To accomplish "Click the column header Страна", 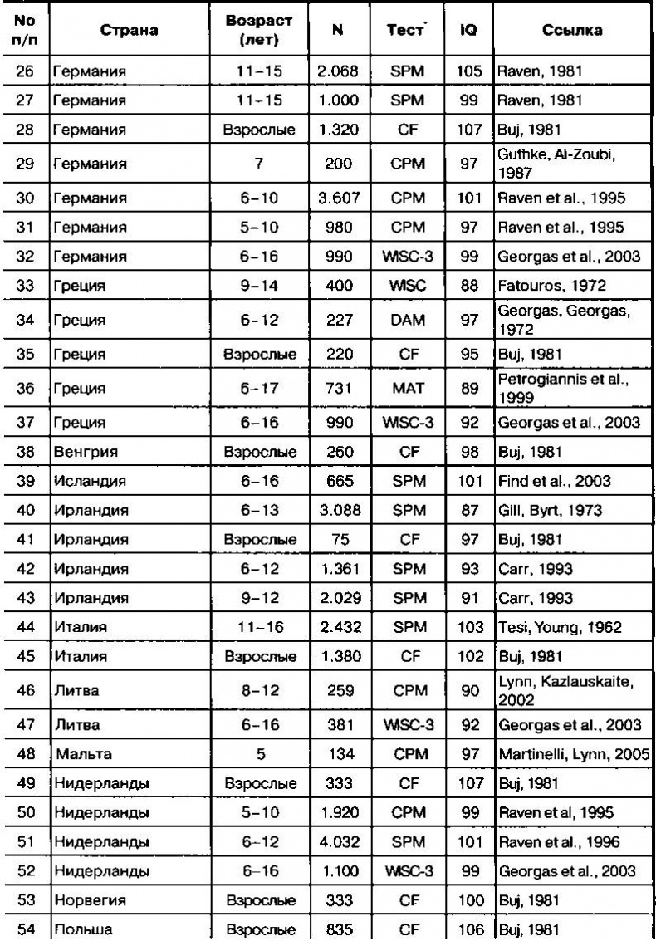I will click(129, 32).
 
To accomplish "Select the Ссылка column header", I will click(574, 32).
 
